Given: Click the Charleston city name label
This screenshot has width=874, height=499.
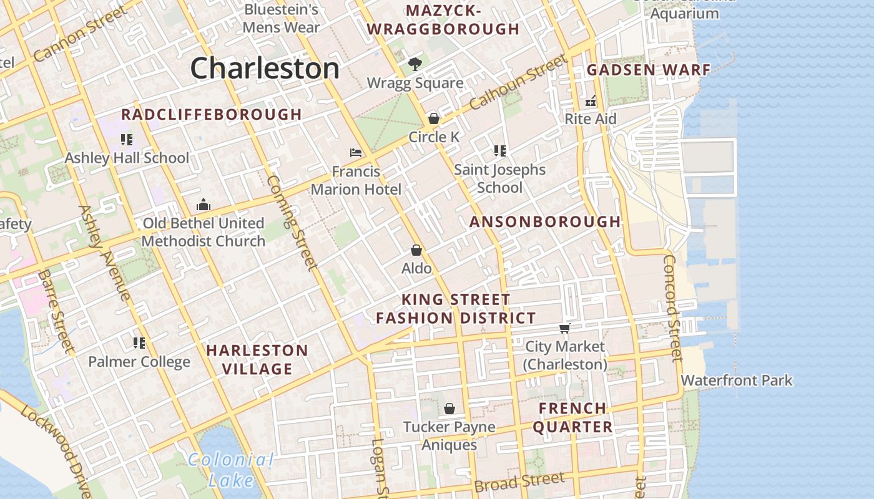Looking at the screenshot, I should click(x=265, y=68).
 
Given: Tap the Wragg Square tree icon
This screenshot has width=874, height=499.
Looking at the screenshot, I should click(x=414, y=64).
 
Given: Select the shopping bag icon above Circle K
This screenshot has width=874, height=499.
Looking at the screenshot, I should click(x=433, y=118).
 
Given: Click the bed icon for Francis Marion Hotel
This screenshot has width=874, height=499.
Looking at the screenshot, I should click(x=356, y=152).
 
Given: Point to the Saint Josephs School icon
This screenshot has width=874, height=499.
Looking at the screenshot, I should click(x=499, y=150).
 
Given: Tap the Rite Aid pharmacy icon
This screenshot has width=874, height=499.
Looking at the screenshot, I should click(x=591, y=100).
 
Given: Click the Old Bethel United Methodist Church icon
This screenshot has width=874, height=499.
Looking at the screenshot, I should click(x=204, y=205).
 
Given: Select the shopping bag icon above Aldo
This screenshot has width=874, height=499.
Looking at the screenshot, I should click(x=416, y=250).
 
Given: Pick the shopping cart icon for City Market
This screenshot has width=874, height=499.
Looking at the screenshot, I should click(x=564, y=328).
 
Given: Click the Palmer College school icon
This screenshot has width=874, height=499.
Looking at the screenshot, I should click(x=139, y=342).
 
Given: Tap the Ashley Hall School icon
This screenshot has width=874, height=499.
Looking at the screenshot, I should click(x=127, y=139).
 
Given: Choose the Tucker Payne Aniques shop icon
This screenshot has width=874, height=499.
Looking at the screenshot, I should click(x=449, y=409).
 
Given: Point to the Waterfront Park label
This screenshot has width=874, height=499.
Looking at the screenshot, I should click(x=737, y=380).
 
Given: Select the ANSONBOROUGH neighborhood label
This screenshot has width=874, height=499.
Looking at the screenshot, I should click(x=545, y=222).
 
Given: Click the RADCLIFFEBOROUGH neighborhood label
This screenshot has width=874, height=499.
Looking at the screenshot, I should click(x=212, y=115).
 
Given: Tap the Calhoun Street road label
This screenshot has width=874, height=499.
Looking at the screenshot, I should click(x=518, y=82).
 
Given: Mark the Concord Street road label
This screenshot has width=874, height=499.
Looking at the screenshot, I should click(x=672, y=308).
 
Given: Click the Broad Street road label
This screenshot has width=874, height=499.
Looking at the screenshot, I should click(x=519, y=482).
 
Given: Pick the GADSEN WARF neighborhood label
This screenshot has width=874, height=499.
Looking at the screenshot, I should click(x=649, y=70).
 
